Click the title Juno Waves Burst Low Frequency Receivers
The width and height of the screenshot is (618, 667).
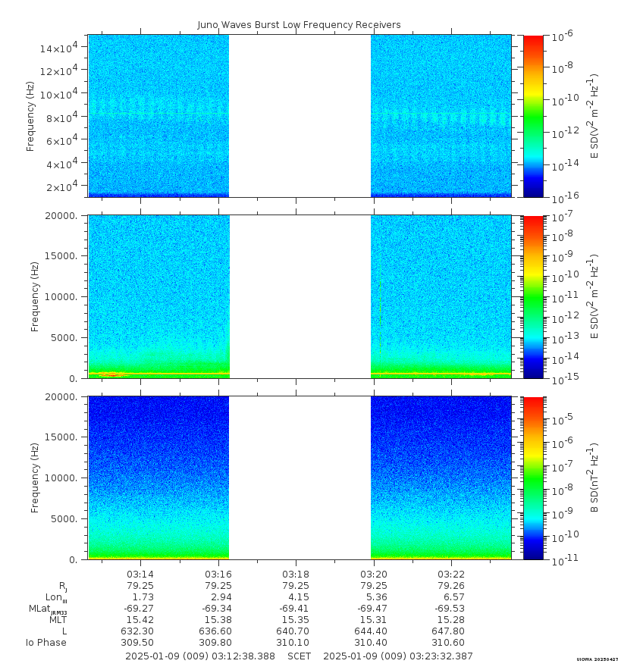point(299,25)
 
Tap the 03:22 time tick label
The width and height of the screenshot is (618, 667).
point(451,574)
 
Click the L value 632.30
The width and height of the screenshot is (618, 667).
point(140,631)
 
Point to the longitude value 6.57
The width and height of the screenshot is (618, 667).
point(451,597)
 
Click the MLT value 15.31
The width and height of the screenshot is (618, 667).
point(374,620)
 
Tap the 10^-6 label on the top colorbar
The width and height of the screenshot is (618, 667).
point(562,36)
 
